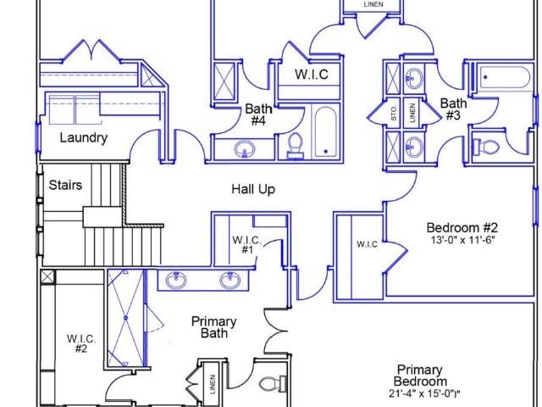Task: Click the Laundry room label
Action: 84,137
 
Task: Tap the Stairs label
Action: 65,185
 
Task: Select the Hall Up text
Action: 253,189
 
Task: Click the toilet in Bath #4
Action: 296,146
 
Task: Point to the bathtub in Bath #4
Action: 325,132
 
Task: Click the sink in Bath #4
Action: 245,149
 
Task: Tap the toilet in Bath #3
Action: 486,147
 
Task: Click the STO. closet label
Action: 394,114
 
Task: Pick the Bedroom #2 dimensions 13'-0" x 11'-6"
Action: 463,240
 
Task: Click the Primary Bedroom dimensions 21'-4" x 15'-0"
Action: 424,393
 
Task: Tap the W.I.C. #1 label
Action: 246,244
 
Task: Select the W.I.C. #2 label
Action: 81,343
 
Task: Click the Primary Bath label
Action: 214,327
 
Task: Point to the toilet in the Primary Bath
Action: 273,384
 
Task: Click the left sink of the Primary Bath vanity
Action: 176,280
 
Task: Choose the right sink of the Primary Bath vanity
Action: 230,280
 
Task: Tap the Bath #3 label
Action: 453,109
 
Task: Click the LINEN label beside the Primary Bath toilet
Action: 213,384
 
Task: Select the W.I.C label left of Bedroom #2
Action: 367,244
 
